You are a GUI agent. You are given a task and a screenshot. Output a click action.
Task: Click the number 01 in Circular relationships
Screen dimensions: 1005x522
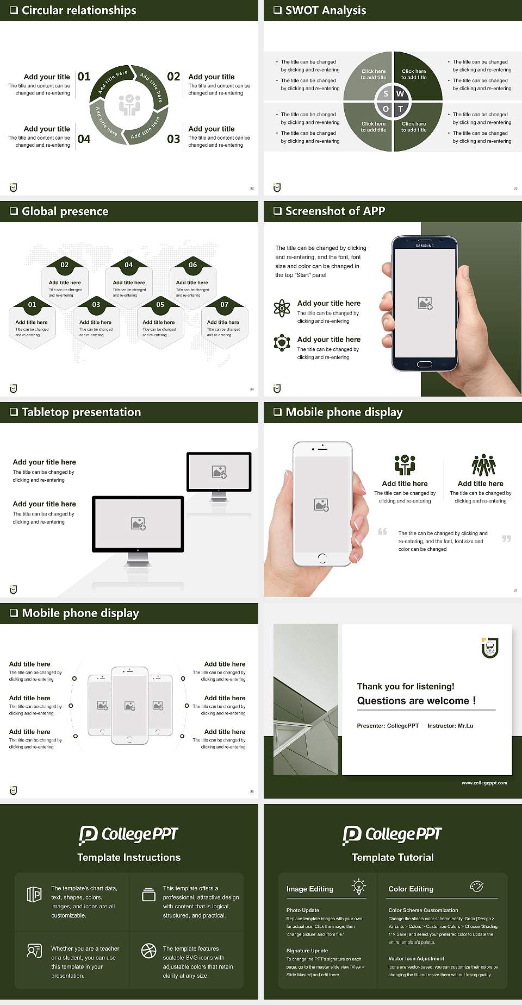click(84, 77)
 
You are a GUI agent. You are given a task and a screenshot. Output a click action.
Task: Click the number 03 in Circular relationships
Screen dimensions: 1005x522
click(173, 139)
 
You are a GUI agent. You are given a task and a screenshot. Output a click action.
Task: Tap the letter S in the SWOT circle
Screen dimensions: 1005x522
click(386, 94)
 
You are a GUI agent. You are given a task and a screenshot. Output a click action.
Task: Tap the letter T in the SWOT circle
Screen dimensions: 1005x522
click(401, 109)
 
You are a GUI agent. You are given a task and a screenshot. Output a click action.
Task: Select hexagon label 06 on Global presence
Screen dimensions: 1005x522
click(193, 265)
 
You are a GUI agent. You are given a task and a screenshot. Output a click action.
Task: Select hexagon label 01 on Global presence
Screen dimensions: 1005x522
click(32, 305)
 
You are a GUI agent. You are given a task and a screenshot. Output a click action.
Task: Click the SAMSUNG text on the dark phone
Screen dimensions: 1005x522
click(425, 246)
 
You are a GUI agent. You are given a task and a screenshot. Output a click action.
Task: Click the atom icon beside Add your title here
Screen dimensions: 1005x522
click(282, 308)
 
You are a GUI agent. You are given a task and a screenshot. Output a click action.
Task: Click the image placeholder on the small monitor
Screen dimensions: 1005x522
click(219, 472)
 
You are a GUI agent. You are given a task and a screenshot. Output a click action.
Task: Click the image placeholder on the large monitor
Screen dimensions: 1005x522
click(138, 524)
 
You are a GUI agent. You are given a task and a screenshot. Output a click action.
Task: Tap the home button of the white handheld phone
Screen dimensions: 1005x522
click(322, 558)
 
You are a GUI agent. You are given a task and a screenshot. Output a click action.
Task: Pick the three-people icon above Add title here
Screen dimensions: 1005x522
click(483, 466)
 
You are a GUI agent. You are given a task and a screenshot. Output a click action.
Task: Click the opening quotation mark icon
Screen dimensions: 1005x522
click(383, 531)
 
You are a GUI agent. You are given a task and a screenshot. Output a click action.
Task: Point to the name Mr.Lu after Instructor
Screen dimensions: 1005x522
click(465, 726)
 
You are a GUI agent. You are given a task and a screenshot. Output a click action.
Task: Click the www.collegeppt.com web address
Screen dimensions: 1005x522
click(484, 783)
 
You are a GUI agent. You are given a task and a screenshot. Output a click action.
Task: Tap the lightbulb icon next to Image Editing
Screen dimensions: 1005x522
click(359, 887)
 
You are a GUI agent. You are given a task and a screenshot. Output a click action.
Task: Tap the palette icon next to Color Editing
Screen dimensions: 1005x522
click(476, 887)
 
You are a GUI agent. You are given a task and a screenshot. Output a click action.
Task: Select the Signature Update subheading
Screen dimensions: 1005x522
click(307, 951)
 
